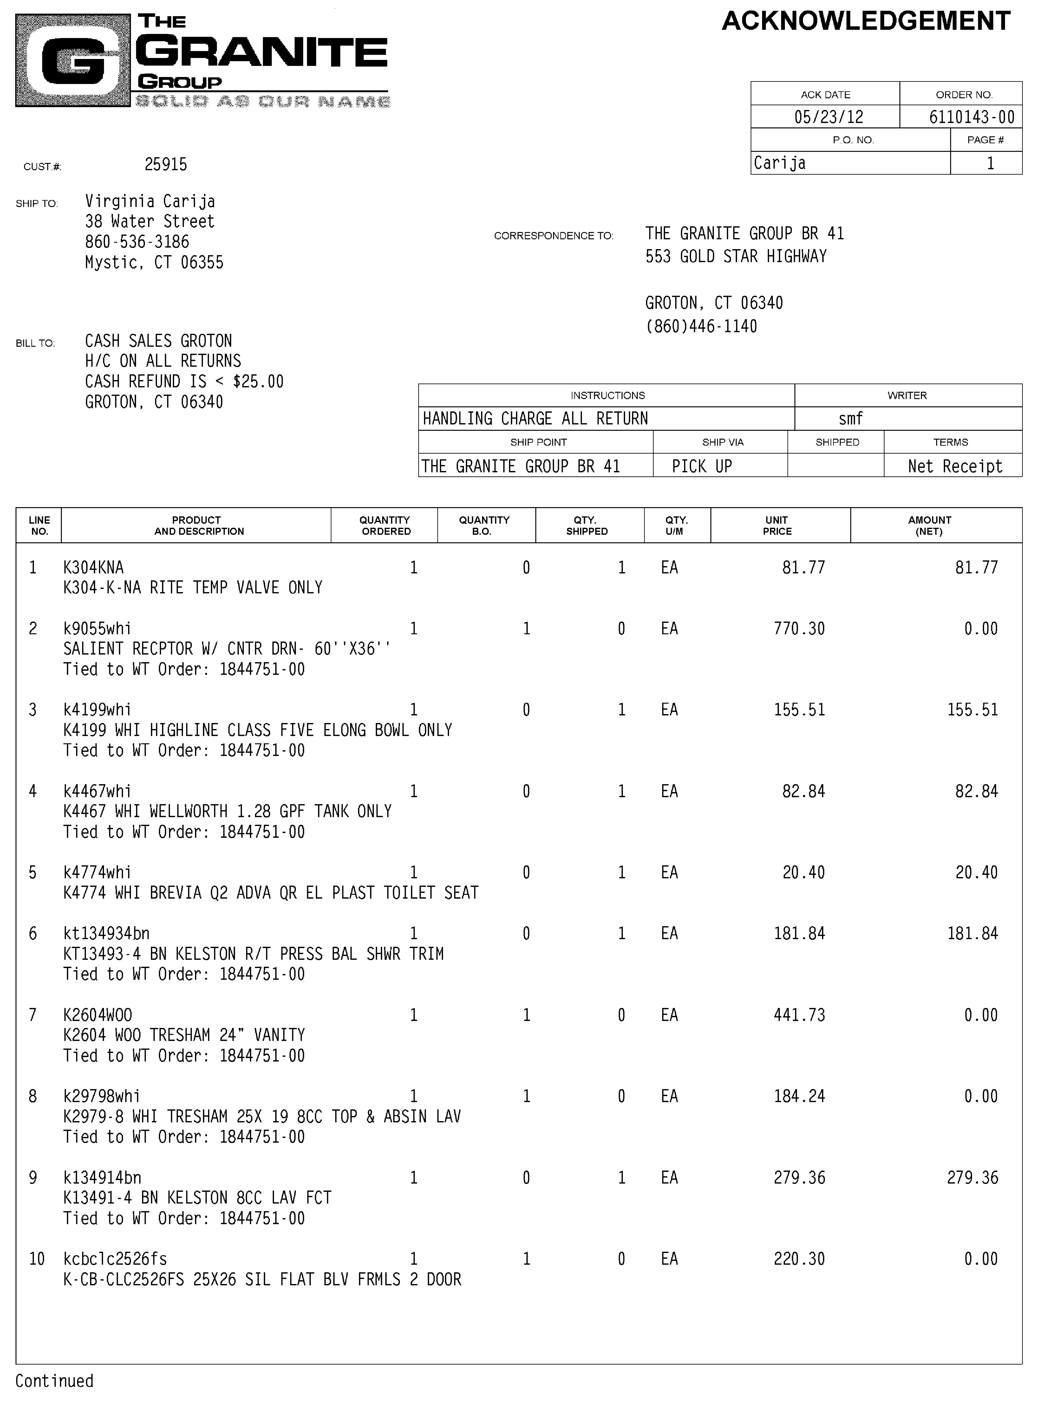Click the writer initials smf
(x=850, y=419)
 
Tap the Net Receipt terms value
(x=954, y=467)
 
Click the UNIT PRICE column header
(x=777, y=526)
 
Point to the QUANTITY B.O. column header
(x=484, y=526)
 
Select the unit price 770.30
(x=799, y=629)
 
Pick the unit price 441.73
(x=799, y=1015)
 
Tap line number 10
(x=37, y=1259)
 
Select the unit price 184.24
(x=799, y=1096)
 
